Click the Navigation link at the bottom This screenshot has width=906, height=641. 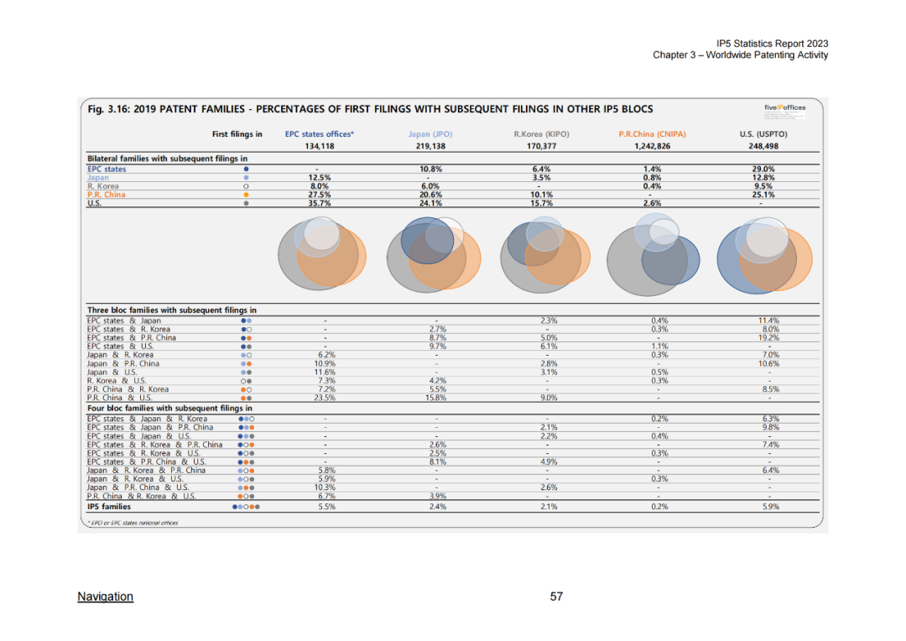105,597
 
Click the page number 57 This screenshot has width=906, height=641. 556,597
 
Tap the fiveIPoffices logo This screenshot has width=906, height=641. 784,107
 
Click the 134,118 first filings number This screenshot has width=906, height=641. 320,146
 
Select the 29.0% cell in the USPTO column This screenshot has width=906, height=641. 763,169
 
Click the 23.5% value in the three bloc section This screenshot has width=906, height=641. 325,398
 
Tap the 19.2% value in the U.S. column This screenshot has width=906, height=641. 768,338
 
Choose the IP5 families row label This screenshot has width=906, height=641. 109,506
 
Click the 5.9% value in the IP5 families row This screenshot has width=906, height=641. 768,506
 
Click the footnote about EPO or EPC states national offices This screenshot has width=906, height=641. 133,523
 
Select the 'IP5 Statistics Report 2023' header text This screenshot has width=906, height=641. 773,44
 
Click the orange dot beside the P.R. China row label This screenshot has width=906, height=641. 246,195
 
